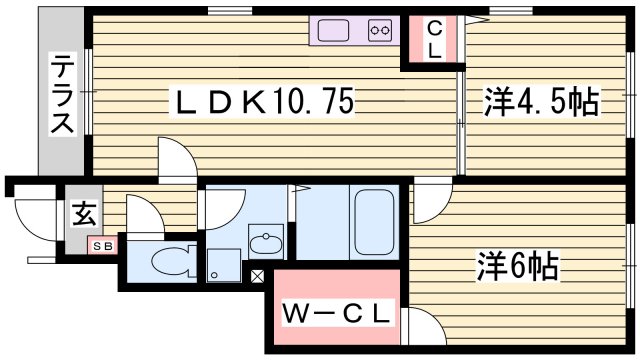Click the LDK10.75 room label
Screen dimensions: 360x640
[265, 102]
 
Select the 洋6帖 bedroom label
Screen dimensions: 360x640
[516, 267]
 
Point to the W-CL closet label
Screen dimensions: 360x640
[335, 314]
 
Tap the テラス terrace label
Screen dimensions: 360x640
[62, 96]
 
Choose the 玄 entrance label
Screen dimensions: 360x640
[84, 214]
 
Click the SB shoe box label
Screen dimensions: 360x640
[103, 244]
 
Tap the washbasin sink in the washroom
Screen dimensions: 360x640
[266, 243]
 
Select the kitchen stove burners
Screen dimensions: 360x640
[380, 31]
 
